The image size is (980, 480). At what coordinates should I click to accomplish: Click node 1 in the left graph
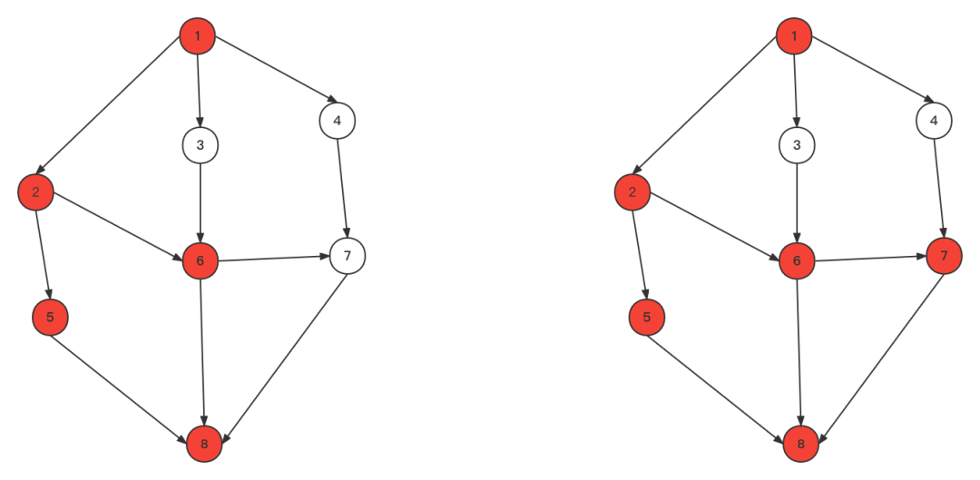click(x=198, y=36)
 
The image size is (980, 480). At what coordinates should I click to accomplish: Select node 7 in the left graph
click(x=347, y=256)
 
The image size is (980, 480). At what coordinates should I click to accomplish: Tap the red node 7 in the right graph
click(x=944, y=256)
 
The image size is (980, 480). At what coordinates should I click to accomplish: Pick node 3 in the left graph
click(x=200, y=145)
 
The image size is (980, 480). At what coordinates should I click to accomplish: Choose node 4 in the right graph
click(x=934, y=120)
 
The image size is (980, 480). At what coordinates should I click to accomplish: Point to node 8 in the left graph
click(x=204, y=444)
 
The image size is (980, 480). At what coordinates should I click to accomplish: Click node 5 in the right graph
click(x=646, y=318)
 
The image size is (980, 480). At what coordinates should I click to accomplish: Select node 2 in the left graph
click(x=35, y=191)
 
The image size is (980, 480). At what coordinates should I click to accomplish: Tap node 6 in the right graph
click(x=797, y=261)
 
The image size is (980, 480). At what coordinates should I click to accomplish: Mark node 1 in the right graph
click(x=794, y=36)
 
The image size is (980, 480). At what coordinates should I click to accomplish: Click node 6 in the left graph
click(x=200, y=261)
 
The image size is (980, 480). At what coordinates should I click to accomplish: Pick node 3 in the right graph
click(x=797, y=145)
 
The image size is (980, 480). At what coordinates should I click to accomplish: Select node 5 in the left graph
click(x=50, y=317)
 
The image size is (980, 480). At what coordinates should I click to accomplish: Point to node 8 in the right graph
click(x=800, y=444)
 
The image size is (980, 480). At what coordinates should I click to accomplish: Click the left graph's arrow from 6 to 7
click(x=272, y=259)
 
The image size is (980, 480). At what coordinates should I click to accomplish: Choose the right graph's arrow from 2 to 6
click(x=715, y=226)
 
